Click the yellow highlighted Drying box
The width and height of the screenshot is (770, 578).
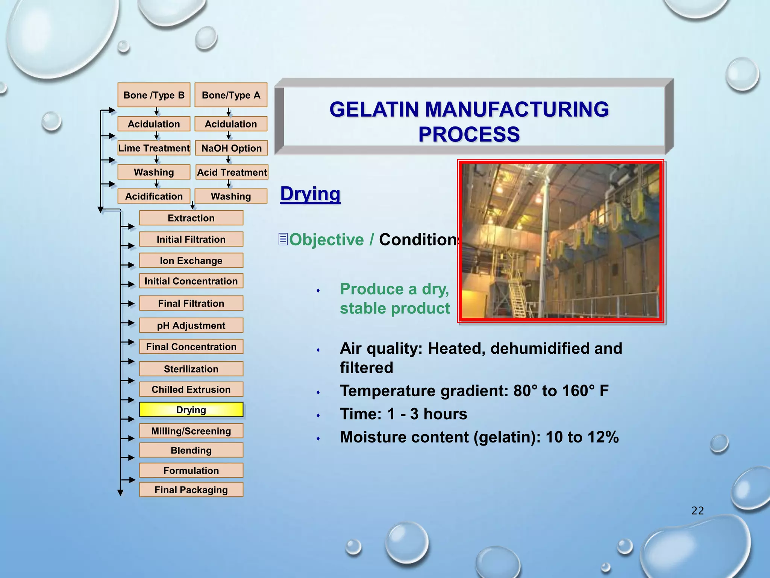pos(191,409)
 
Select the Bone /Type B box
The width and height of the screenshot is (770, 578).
pos(154,95)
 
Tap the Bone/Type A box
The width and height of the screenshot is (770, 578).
pos(231,95)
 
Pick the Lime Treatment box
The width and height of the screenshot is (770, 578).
pos(154,148)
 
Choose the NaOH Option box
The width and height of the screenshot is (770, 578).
pos(231,148)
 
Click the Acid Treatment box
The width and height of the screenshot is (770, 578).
pos(232,172)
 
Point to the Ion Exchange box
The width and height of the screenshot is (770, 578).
pos(191,260)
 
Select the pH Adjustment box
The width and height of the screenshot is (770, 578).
pos(191,325)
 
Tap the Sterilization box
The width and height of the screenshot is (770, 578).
pos(191,369)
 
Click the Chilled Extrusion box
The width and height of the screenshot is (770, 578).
pos(191,389)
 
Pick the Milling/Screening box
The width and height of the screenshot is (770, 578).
pos(191,431)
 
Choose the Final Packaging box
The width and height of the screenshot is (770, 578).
pos(191,490)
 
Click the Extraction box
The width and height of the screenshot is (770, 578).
pos(191,218)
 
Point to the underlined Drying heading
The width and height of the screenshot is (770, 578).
pos(310,194)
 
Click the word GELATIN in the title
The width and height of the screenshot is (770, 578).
pos(376,110)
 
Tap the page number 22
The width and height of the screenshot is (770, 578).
pos(697,511)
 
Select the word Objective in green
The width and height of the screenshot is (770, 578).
pos(326,240)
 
